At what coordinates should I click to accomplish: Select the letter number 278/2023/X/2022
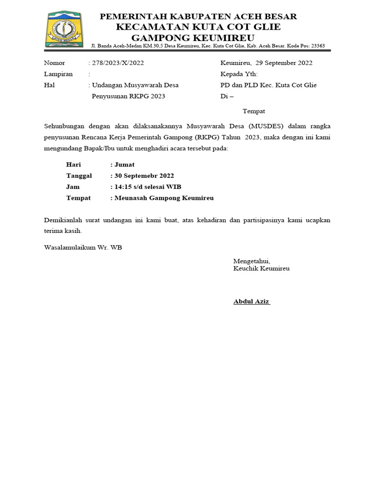point(118,63)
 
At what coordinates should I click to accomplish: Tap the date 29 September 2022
point(284,63)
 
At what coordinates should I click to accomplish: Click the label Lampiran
point(58,74)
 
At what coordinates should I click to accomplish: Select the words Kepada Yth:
point(239,74)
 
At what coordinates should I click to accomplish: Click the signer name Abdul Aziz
point(251,301)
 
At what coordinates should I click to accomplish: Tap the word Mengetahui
point(251,261)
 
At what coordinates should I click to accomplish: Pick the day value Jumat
point(125,165)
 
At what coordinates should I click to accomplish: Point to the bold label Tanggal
point(79,176)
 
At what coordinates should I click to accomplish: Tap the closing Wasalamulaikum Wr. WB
point(83,247)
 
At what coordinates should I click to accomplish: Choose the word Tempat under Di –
point(254,111)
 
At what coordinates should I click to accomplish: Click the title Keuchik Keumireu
point(261,269)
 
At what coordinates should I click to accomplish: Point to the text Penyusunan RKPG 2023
point(128,96)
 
